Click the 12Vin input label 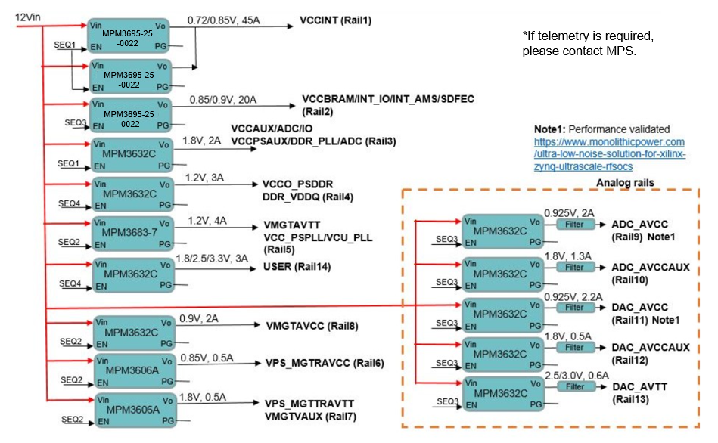[x=28, y=17]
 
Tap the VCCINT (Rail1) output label [x=335, y=20]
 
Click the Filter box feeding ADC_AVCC [x=575, y=225]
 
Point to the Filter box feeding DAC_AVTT [x=576, y=387]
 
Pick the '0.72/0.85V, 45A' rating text [x=223, y=20]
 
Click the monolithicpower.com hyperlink [x=610, y=154]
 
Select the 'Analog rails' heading [x=625, y=183]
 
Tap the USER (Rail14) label [x=297, y=266]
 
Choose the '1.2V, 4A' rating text [x=207, y=221]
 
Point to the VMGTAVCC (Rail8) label [x=312, y=326]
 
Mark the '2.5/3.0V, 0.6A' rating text [x=577, y=376]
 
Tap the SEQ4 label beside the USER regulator [x=70, y=283]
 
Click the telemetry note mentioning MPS [x=588, y=44]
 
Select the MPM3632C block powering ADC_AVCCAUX [x=502, y=274]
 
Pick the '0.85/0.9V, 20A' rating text [x=223, y=100]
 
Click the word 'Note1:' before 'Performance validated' [x=550, y=129]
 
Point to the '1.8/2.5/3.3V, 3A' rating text [x=212, y=259]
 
